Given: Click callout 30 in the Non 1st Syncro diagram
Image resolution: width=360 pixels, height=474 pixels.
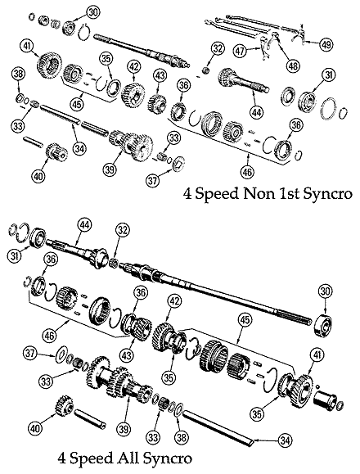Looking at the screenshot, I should tap(92, 11).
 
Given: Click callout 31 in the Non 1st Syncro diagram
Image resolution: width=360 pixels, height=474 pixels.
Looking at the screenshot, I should tap(330, 77).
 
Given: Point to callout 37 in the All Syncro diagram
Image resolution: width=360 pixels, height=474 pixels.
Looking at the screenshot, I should tap(31, 354).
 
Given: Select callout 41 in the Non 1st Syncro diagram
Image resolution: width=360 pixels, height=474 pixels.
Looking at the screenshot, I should tap(28, 45).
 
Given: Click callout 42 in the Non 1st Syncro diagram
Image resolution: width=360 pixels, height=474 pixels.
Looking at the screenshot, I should tap(133, 68).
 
